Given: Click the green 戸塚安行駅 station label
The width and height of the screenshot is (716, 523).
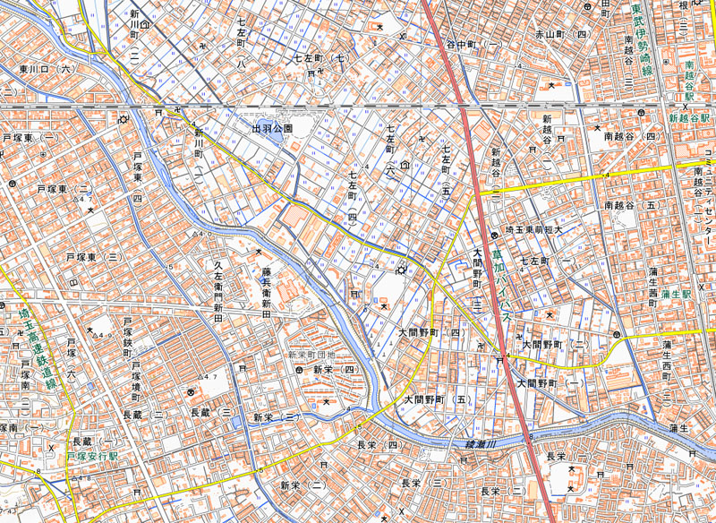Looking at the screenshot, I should pyautogui.click(x=98, y=456).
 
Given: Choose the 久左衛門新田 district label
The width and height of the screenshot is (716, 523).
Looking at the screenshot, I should pyautogui.click(x=217, y=286).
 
